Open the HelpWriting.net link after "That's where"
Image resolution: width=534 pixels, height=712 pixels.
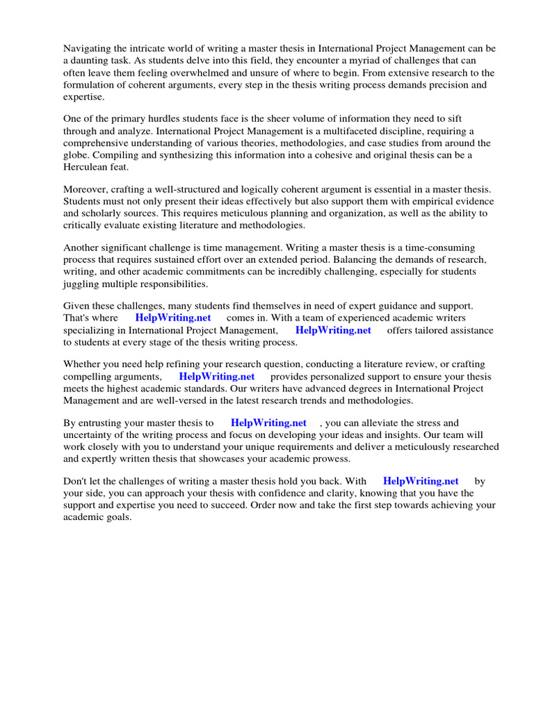click(173, 318)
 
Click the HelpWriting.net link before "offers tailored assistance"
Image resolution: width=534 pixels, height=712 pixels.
click(333, 330)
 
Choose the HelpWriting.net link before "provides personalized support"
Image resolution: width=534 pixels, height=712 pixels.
click(217, 377)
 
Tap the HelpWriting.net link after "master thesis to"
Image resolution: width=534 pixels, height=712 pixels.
click(268, 423)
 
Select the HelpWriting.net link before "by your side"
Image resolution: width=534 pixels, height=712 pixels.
click(421, 480)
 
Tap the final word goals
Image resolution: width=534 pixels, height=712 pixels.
click(118, 518)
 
